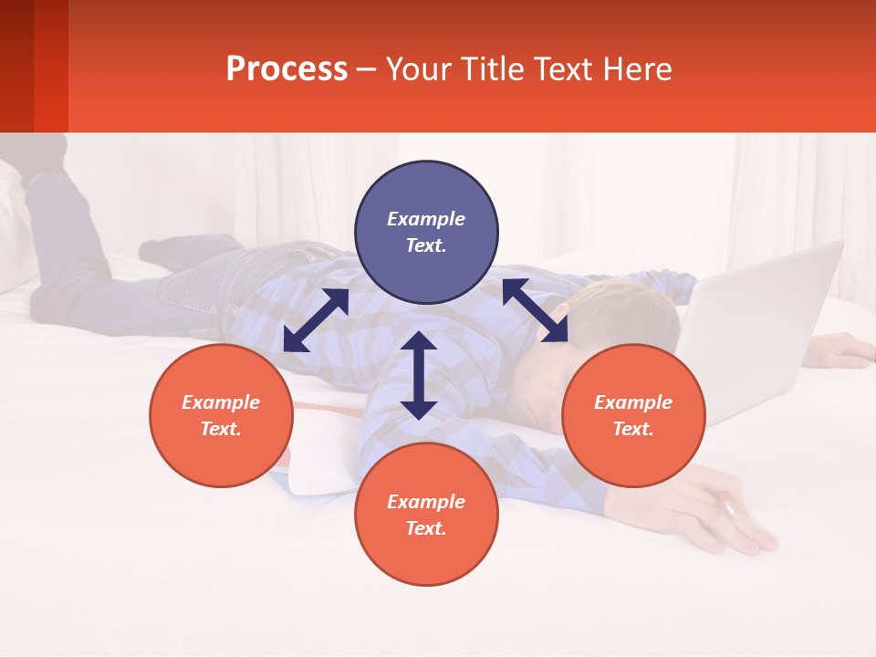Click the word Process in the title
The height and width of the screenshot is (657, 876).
tap(287, 69)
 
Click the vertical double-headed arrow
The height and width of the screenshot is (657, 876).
tap(419, 375)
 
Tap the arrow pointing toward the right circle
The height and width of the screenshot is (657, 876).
tap(535, 310)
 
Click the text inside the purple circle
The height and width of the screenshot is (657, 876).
tap(426, 232)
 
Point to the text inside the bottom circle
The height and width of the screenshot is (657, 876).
tap(426, 515)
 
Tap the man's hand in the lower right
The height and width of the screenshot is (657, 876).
tap(730, 520)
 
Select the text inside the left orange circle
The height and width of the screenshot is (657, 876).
tap(221, 415)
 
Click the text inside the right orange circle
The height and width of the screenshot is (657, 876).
tap(633, 415)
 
